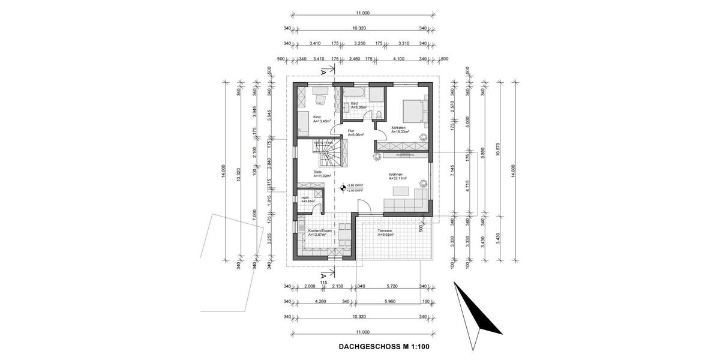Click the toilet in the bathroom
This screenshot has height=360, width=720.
(380, 114)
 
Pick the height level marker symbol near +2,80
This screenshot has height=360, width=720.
(343, 188)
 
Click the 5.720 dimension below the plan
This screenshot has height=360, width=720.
(392, 287)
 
